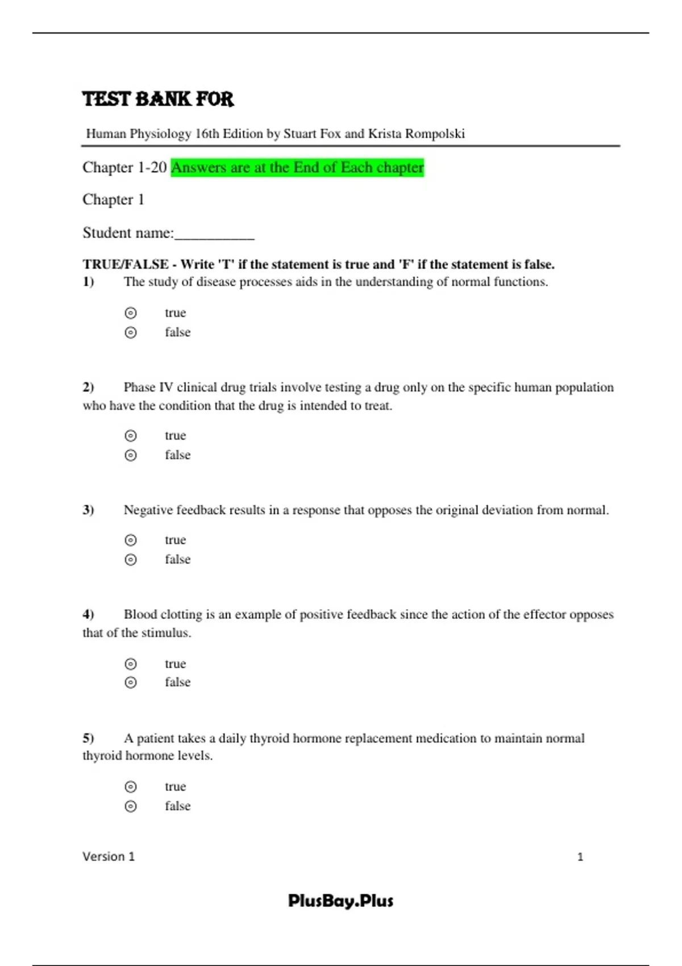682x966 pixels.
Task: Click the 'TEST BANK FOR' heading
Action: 158,99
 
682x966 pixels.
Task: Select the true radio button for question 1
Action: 131,313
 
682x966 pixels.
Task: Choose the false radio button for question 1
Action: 131,332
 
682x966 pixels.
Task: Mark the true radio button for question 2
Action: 131,436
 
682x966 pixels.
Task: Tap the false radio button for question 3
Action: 131,560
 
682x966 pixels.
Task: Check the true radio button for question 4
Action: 131,664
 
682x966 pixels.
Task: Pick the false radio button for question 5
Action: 131,806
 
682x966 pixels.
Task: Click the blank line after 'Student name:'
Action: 214,234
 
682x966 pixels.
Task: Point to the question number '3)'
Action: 88,510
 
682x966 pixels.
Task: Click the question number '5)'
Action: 88,738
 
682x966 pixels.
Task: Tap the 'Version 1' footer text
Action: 109,856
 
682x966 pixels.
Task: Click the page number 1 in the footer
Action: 580,857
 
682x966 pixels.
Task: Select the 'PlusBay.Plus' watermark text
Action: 340,901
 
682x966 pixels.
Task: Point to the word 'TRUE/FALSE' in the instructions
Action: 126,264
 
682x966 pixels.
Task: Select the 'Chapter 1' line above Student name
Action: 113,200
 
